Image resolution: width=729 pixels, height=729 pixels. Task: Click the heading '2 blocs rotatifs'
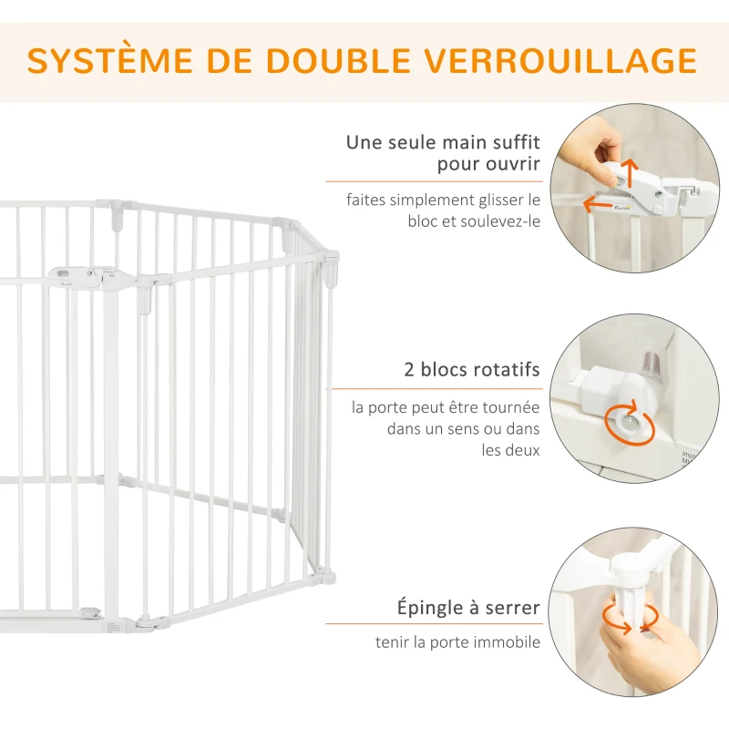coord(472,370)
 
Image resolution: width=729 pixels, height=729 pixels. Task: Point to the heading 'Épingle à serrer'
coord(468,607)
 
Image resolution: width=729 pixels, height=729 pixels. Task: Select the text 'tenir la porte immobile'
coord(457,642)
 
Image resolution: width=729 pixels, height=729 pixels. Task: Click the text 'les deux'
coord(511,449)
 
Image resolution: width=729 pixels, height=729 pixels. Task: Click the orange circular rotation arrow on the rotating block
coord(629,425)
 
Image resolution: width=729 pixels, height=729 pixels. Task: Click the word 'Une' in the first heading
coord(364,142)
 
